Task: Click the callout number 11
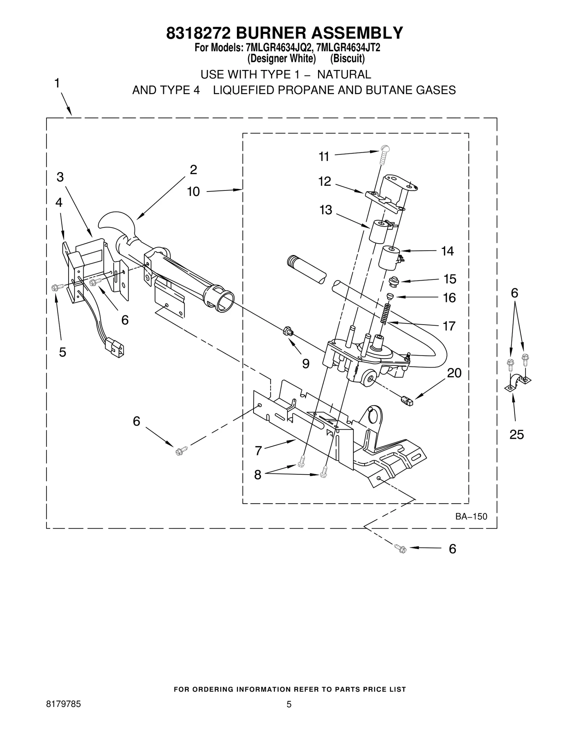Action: point(324,157)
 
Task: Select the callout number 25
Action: point(516,435)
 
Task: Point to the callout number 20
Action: point(454,373)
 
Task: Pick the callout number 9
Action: point(306,364)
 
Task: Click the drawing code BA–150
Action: point(471,517)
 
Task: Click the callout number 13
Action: point(326,210)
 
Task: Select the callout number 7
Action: point(258,451)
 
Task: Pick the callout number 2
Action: point(193,170)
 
